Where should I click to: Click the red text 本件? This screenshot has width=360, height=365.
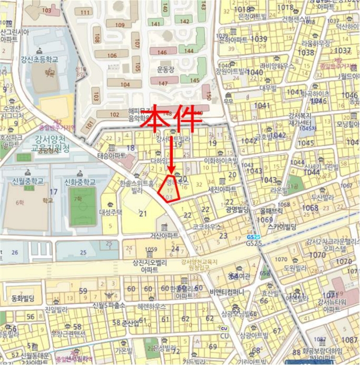(x=172, y=119)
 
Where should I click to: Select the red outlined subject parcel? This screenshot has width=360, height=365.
(x=171, y=189)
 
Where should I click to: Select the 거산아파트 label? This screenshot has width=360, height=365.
(x=164, y=236)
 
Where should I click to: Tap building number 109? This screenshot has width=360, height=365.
(x=119, y=25)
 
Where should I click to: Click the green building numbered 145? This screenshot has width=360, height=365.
(x=195, y=80)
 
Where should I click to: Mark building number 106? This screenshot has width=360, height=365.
(x=112, y=55)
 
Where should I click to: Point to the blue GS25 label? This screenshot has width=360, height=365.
(x=253, y=243)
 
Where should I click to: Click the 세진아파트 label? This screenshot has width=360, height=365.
(x=222, y=189)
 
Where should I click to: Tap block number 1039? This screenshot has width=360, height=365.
(x=259, y=39)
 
